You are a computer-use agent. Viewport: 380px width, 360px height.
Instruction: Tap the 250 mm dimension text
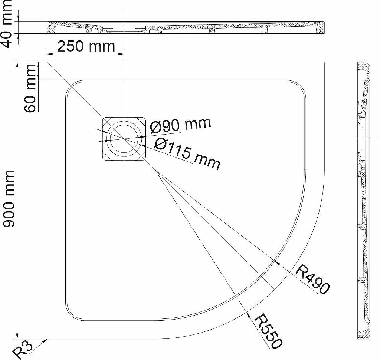click(x=86, y=46)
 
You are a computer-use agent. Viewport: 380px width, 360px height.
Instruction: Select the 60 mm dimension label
click(x=30, y=89)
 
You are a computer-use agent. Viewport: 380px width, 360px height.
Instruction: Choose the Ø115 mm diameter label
click(x=187, y=154)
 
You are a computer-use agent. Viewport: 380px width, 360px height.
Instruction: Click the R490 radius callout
click(x=312, y=279)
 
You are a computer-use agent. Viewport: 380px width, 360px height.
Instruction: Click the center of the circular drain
click(x=124, y=139)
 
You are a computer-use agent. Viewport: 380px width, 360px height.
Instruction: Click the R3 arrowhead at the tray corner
click(x=45, y=341)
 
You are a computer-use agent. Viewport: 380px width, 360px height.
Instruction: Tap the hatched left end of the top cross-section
click(x=51, y=27)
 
